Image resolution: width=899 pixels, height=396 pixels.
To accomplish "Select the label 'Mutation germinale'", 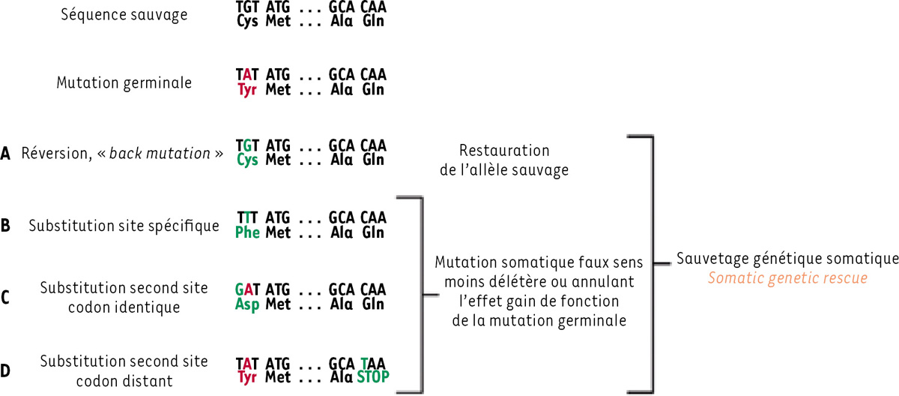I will click(x=124, y=82).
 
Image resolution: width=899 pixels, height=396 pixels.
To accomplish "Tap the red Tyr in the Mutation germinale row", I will click(x=247, y=90).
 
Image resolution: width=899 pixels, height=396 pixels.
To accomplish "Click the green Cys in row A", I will click(x=247, y=159).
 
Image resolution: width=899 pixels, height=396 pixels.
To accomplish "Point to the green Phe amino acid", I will click(x=247, y=232).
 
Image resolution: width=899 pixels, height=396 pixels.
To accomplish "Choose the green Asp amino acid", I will click(x=247, y=304).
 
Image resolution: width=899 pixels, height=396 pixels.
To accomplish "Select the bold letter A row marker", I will click(x=6, y=154).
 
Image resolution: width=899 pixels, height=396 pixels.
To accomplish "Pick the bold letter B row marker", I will click(x=6, y=225).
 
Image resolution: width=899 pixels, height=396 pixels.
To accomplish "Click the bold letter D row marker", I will click(x=6, y=370).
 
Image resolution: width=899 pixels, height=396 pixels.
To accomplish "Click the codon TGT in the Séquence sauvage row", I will click(x=247, y=7).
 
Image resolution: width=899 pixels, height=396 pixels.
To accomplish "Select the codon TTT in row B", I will click(x=247, y=218).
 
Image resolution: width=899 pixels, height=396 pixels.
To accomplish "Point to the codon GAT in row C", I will click(x=247, y=289).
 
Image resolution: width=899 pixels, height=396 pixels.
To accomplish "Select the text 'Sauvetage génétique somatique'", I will click(x=787, y=259).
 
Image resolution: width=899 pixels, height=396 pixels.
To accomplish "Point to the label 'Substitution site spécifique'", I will click(x=124, y=225).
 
